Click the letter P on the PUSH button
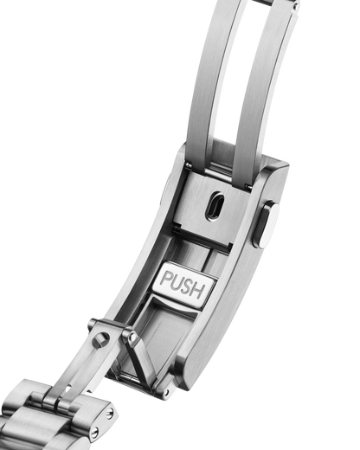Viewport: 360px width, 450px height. [165, 280]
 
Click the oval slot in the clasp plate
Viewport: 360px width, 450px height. [215, 206]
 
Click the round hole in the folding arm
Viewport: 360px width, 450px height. [100, 339]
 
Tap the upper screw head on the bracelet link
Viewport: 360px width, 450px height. [110, 415]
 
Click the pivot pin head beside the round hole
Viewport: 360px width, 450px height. [132, 337]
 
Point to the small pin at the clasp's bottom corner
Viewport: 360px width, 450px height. [166, 393]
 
